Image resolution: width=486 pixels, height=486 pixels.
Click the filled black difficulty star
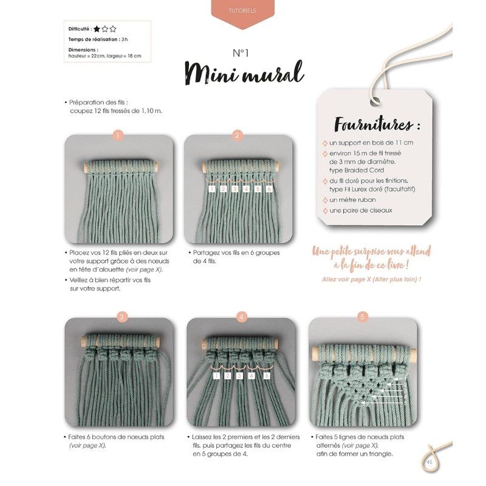coord(97,29)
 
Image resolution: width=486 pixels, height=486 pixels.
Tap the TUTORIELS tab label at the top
coord(242,10)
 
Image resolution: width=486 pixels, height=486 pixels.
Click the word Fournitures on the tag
coord(373,125)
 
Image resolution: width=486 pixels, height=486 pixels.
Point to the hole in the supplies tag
coord(374,101)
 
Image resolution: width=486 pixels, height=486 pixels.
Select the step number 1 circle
coord(118,135)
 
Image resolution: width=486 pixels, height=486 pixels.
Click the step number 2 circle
coord(238,135)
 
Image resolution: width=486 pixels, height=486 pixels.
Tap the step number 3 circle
coord(122,317)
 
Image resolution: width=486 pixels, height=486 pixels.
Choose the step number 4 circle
coord(241,317)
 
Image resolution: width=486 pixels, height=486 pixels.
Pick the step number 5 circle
coord(362,317)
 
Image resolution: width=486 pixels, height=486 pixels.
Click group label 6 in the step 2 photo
coord(269,189)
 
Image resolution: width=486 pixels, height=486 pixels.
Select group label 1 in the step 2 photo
coord(212,189)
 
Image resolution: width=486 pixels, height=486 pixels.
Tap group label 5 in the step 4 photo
coord(267,376)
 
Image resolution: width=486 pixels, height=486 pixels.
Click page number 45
coord(430,462)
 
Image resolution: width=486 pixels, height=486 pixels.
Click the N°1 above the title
coord(241,53)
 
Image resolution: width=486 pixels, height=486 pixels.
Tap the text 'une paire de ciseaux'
coord(361,210)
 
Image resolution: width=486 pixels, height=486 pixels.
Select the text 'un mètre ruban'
coord(352,200)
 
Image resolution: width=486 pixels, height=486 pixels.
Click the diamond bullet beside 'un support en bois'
coord(325,143)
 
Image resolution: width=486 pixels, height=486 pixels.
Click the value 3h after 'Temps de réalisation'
coord(125,39)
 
